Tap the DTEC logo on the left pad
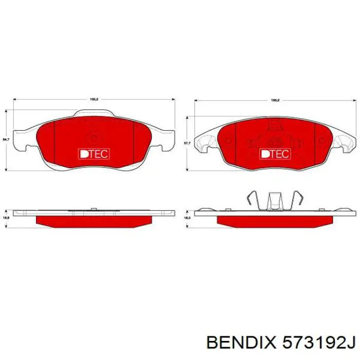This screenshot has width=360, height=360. click(93, 153)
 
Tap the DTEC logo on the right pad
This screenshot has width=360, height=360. click(275, 154)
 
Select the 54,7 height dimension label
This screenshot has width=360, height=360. click(6, 139)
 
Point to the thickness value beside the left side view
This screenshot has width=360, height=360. click(6, 218)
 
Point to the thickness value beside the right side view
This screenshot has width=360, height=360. click(187, 218)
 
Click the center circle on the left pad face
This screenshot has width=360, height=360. click(94, 137)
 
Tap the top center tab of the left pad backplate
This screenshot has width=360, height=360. click(94, 114)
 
